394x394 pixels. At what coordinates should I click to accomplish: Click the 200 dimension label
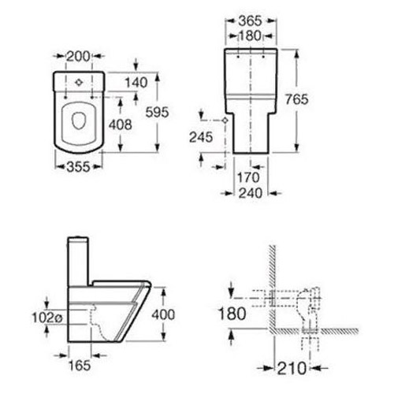coord(78,56)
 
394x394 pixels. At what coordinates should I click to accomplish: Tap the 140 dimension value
coord(136,83)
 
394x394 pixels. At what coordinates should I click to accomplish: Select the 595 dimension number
coord(157,112)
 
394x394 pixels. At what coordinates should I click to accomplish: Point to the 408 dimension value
coord(121,125)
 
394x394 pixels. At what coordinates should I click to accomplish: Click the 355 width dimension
coord(78,167)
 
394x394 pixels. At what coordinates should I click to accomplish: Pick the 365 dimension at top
coord(251,21)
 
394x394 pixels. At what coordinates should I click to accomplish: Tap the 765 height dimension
coord(296,99)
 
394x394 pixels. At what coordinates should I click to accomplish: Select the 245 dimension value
coord(201,137)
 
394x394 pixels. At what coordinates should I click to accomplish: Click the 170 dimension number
coord(248,177)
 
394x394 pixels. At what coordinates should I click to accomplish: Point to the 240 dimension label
coord(251,193)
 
